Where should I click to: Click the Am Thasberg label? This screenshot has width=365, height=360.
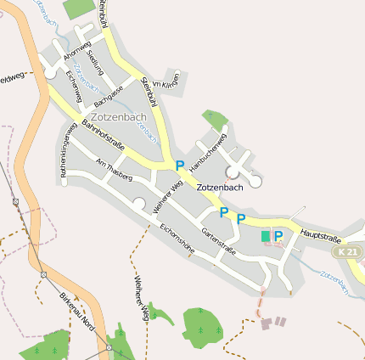coord(115,169)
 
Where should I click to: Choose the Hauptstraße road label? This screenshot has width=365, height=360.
coord(321,239)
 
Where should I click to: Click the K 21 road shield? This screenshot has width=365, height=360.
coord(346,252)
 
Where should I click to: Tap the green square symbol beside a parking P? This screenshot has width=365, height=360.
coord(266,235)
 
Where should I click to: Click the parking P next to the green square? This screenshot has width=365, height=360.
coord(278,235)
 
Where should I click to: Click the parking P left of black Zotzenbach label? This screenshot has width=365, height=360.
coord(180,165)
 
